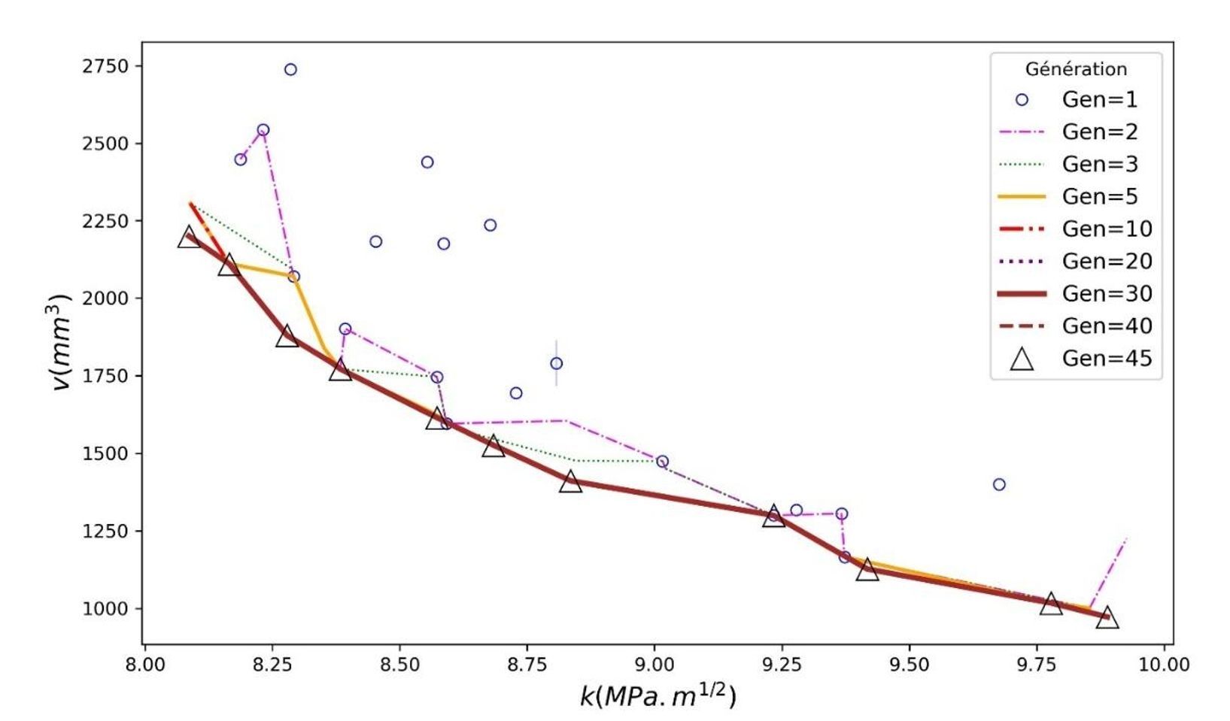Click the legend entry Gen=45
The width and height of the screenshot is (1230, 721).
tap(1106, 359)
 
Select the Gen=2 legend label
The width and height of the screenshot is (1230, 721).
tap(1099, 132)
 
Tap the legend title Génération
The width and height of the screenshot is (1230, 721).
tap(1076, 69)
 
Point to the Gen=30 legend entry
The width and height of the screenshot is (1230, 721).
tap(1106, 294)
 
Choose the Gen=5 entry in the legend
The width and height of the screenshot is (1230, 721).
tap(1099, 197)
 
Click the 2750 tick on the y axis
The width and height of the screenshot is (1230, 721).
tap(105, 66)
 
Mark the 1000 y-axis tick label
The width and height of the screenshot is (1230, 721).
tap(105, 608)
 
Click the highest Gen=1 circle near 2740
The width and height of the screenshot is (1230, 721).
tap(290, 70)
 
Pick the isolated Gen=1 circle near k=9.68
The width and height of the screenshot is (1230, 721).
tap(999, 485)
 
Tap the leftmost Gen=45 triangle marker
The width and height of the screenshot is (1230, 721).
tap(189, 238)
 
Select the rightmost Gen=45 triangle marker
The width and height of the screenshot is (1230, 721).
tap(1107, 619)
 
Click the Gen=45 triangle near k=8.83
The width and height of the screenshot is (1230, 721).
tap(571, 482)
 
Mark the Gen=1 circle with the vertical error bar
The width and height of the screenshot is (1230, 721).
tap(557, 364)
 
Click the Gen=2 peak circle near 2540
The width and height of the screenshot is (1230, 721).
tap(263, 130)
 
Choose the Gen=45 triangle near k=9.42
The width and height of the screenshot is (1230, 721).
tap(867, 570)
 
